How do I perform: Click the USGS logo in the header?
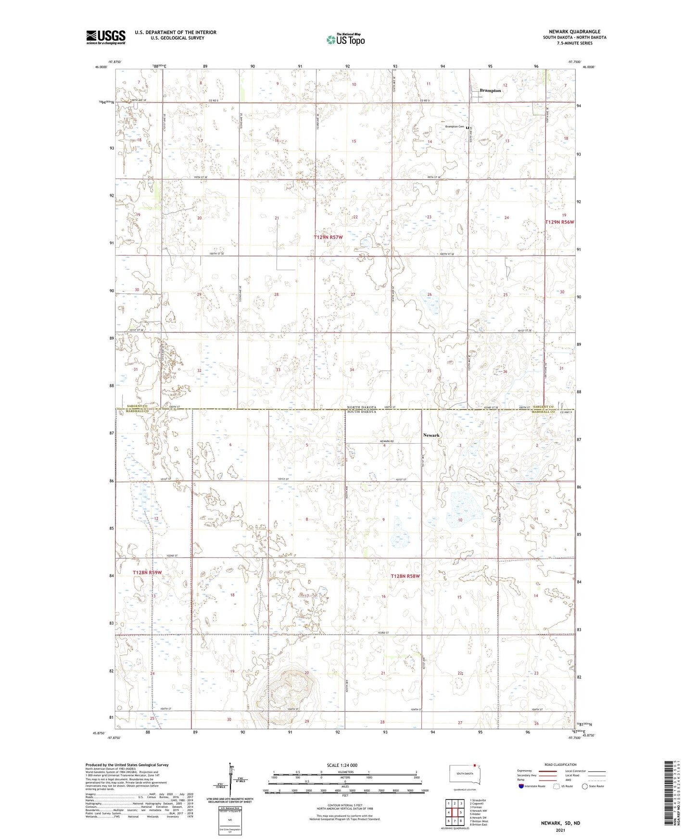click(106, 37)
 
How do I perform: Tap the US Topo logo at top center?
click(345, 39)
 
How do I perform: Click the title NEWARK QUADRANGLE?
click(574, 32)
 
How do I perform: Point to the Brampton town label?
click(490, 90)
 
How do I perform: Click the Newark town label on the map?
click(431, 435)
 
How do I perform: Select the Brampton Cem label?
click(455, 127)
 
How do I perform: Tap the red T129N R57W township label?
click(329, 237)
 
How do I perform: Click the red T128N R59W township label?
click(147, 573)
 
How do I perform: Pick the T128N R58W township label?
click(405, 576)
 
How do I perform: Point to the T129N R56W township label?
click(559, 222)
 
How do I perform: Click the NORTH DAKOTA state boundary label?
click(362, 407)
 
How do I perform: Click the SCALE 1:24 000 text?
click(342, 765)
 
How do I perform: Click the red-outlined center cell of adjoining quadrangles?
click(455, 813)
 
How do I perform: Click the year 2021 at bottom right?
click(560, 830)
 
